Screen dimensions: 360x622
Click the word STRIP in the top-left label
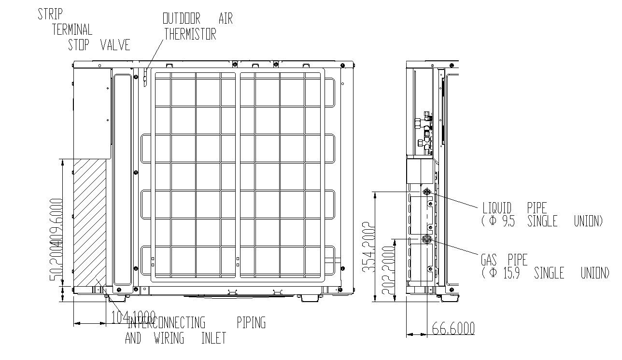[50, 14]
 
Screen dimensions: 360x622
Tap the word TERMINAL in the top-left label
[72, 29]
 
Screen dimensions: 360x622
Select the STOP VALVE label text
[99, 45]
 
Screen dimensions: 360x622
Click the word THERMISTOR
[190, 34]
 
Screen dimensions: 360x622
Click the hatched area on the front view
[90, 222]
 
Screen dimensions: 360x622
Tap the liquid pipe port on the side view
[427, 192]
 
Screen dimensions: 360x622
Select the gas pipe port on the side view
[426, 238]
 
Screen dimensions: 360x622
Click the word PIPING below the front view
[251, 322]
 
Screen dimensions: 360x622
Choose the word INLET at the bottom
[213, 338]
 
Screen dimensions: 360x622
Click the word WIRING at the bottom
[169, 338]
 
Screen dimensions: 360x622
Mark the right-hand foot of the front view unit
[310, 298]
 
